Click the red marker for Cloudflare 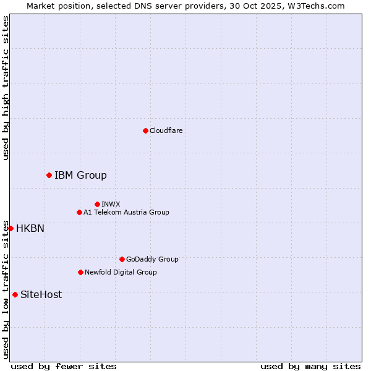tap(145, 130)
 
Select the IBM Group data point tap(49, 175)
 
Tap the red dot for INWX tap(97, 204)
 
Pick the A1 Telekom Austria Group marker tap(79, 212)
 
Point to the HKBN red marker tap(11, 228)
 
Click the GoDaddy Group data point tap(122, 259)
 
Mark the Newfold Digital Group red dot tap(80, 272)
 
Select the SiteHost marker tap(15, 294)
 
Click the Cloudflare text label tap(166, 130)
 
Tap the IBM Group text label tap(80, 175)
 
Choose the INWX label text tap(111, 204)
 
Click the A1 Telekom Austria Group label tap(126, 212)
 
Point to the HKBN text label tap(30, 228)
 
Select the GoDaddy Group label tap(152, 259)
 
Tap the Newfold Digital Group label tap(121, 272)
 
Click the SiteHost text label tap(41, 294)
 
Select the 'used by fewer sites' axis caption tap(64, 366)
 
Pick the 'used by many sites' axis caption tap(310, 366)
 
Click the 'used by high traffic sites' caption tap(6, 88)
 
